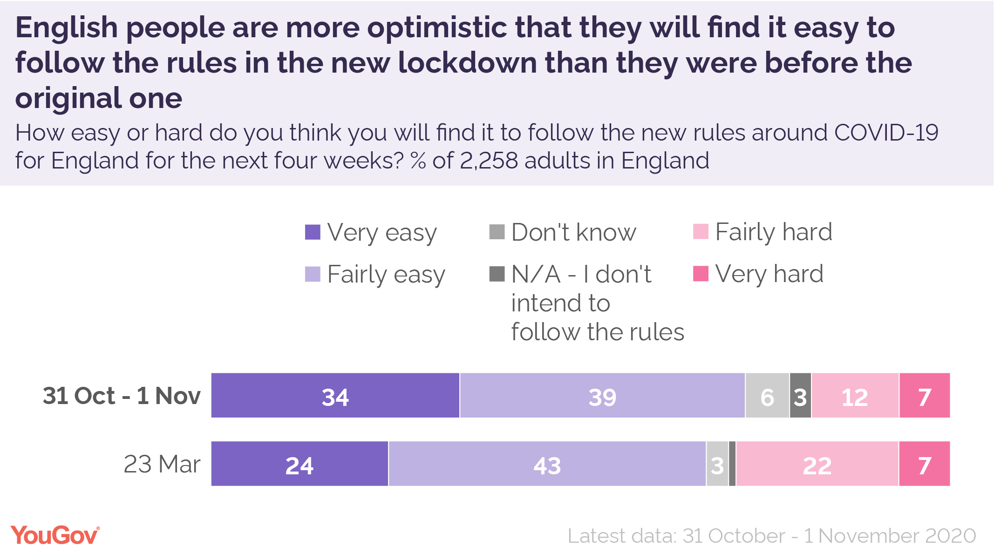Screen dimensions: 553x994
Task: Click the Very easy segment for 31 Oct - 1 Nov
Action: [x=335, y=395]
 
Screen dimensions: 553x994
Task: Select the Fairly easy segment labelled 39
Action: [x=602, y=395]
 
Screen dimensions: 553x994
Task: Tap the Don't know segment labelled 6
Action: [x=767, y=395]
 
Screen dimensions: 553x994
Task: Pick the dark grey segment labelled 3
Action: [x=801, y=395]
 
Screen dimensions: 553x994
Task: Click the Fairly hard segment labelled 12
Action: [x=855, y=395]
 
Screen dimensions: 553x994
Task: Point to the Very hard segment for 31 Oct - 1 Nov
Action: [x=925, y=395]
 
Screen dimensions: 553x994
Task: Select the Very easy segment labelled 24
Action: [x=300, y=464]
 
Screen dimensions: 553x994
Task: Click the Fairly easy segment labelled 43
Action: [x=547, y=464]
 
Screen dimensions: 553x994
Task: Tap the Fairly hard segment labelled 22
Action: [x=817, y=464]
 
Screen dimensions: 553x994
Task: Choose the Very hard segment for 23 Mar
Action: [x=925, y=464]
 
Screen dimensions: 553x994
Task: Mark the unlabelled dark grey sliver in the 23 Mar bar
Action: [x=732, y=464]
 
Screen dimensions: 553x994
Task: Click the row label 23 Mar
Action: [x=162, y=464]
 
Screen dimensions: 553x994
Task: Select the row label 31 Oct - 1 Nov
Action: [x=122, y=396]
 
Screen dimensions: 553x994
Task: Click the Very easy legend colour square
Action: [x=313, y=232]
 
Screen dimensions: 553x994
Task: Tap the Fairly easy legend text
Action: [x=386, y=274]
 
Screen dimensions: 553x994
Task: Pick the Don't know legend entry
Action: [x=573, y=232]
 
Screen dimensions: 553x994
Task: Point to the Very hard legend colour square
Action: [x=701, y=274]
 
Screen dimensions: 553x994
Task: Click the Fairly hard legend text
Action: [x=774, y=232]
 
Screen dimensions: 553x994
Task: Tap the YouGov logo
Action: [x=55, y=535]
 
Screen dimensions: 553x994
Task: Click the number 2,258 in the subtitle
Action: [x=489, y=161]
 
